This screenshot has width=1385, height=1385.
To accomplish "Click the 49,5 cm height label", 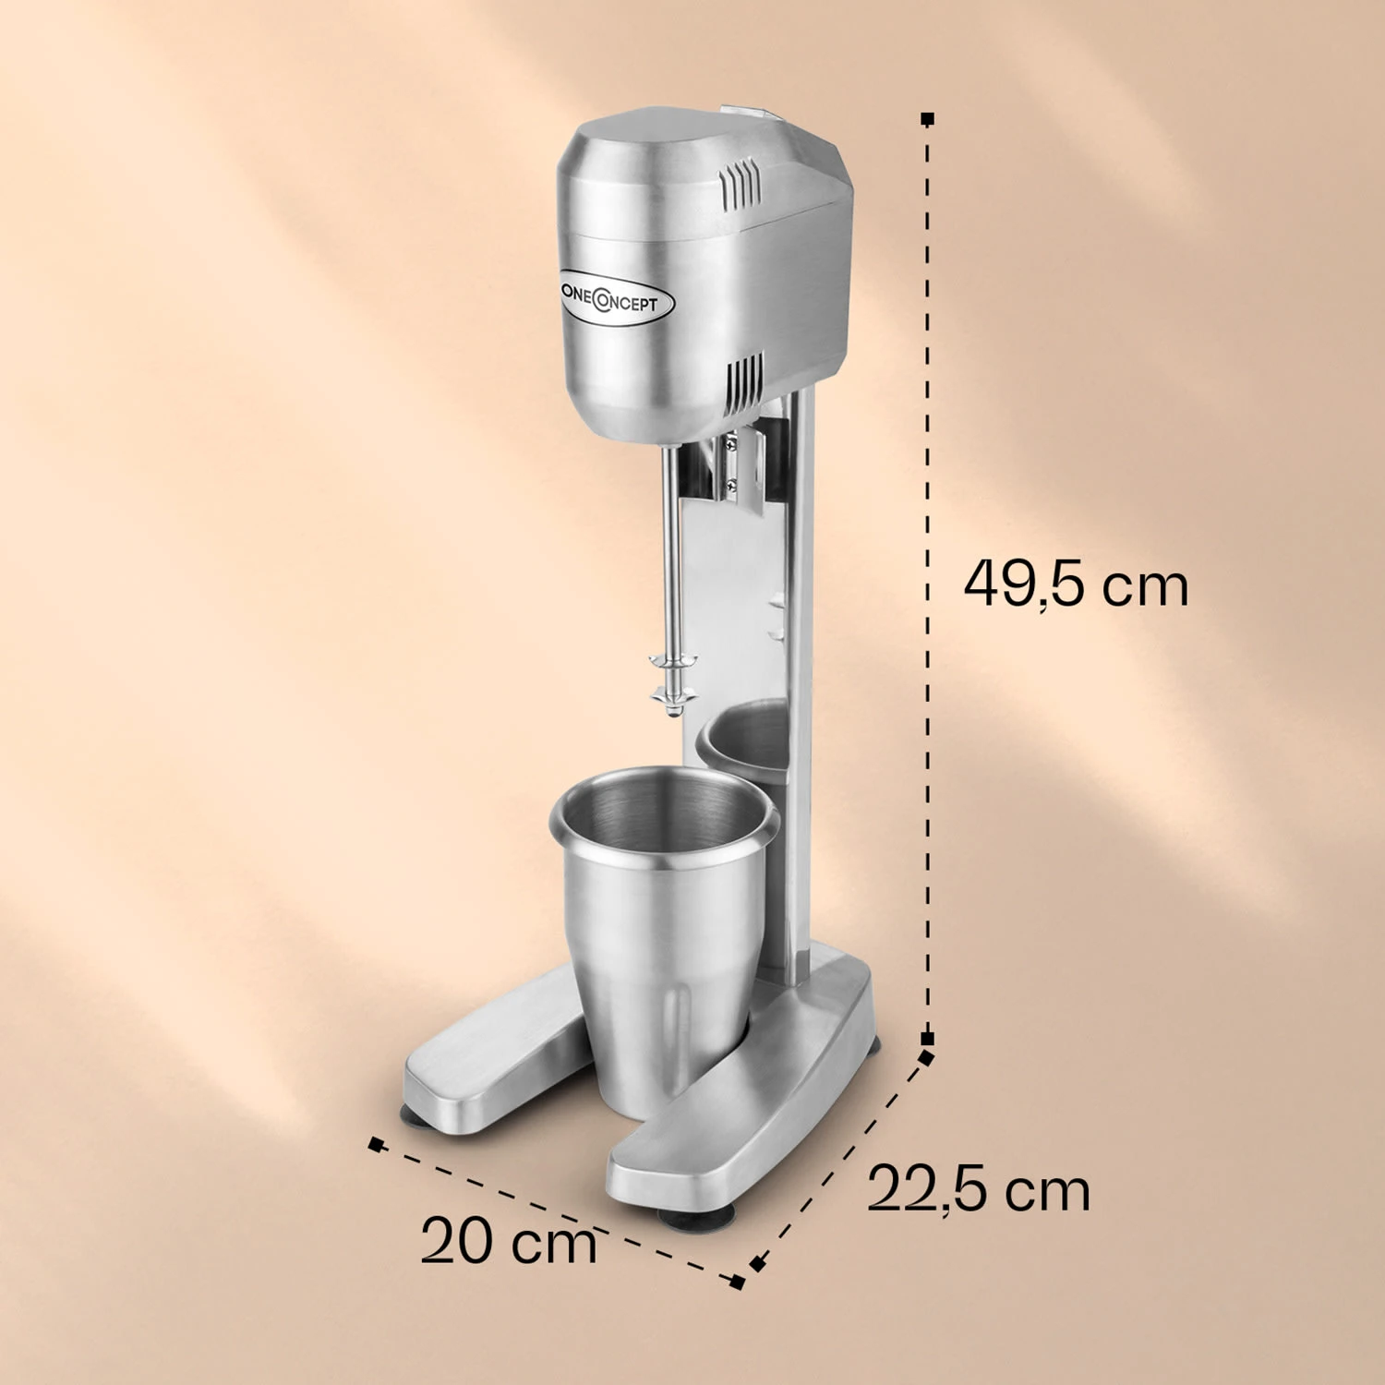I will tap(1076, 584).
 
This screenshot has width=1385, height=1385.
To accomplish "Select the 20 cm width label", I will tap(509, 1241).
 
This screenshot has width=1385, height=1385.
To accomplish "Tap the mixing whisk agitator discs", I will tap(671, 679).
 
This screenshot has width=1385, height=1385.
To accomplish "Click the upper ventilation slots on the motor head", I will tap(741, 181).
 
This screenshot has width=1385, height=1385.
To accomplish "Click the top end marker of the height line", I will tap(928, 119).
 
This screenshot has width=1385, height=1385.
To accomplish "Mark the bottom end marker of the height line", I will tap(928, 1038).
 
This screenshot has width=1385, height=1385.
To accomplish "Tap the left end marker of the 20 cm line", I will tap(375, 1145).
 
